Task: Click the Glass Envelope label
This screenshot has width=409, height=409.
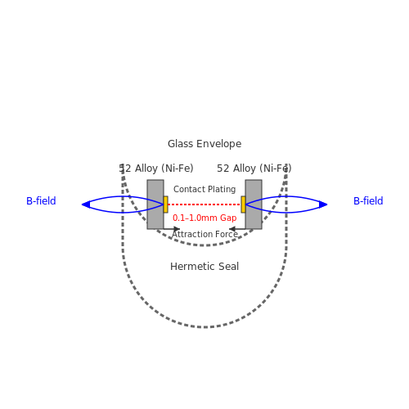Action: (204, 144)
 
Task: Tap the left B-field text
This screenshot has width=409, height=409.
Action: (41, 201)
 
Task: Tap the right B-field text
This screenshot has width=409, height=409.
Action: (368, 201)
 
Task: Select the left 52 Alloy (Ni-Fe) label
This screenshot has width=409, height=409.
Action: (156, 169)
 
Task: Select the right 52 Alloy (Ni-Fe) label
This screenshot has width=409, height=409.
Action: (254, 169)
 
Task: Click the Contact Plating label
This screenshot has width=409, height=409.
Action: (204, 189)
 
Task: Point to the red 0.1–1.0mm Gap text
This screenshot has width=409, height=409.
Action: (204, 218)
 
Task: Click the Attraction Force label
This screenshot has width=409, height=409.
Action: (204, 234)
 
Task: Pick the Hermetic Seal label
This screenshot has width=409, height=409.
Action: (204, 267)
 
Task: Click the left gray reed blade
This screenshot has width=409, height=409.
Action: (155, 204)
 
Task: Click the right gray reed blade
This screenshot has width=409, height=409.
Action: (254, 204)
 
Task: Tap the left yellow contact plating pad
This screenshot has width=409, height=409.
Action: (165, 204)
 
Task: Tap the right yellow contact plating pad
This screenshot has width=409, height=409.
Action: (243, 204)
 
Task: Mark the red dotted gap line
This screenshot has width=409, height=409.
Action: (204, 204)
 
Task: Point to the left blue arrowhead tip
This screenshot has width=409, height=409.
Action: (82, 204)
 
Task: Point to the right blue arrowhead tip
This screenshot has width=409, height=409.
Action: (327, 204)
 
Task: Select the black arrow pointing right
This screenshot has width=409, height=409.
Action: (172, 229)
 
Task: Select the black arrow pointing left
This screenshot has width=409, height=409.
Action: (237, 229)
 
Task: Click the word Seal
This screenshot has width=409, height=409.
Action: (227, 267)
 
